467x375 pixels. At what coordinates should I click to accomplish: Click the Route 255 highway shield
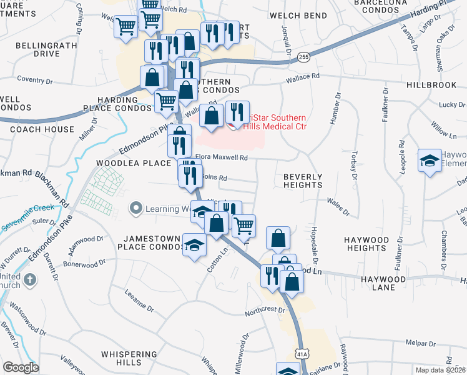pyautogui.click(x=303, y=56)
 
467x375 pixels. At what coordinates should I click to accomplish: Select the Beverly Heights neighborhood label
pyautogui.click(x=303, y=181)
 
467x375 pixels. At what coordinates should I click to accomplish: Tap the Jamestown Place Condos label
pyautogui.click(x=151, y=243)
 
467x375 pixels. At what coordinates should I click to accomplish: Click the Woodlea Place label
pyautogui.click(x=133, y=163)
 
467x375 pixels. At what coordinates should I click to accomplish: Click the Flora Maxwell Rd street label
pyautogui.click(x=224, y=157)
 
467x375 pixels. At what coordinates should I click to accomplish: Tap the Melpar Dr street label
pyautogui.click(x=420, y=343)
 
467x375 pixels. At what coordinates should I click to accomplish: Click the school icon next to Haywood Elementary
pyautogui.click(x=430, y=161)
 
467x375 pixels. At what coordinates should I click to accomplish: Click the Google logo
pyautogui.click(x=21, y=367)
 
